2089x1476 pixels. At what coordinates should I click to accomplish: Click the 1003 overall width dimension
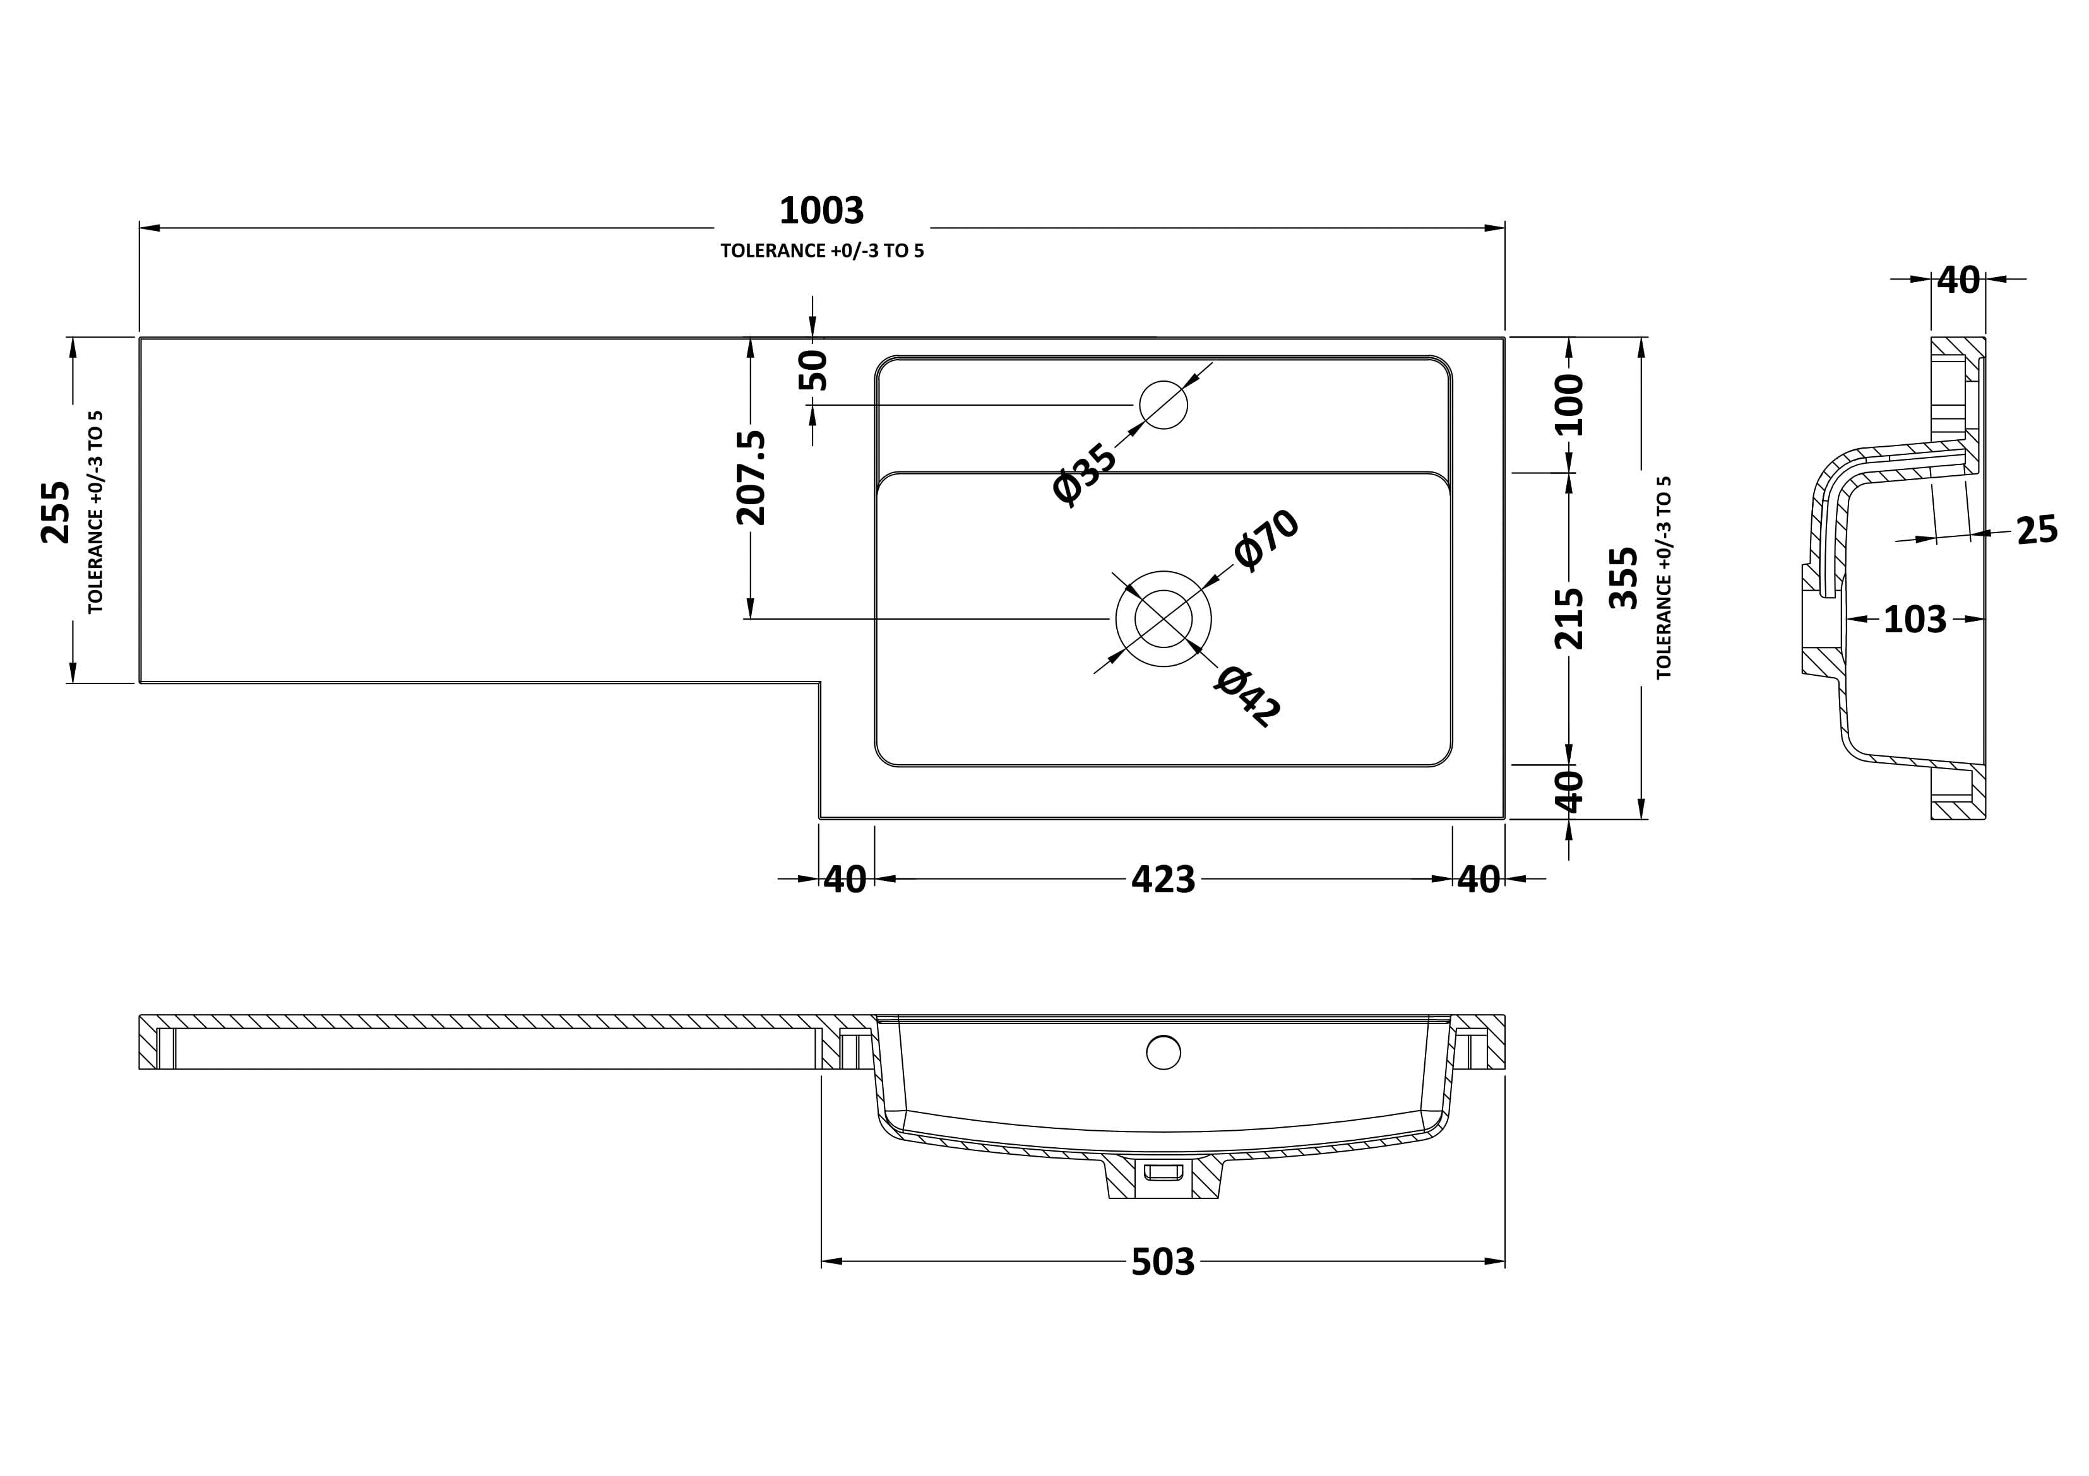(821, 211)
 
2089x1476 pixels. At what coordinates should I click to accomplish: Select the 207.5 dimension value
(751, 478)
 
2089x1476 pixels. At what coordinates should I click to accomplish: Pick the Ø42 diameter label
(1247, 697)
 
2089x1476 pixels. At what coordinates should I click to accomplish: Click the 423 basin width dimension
(1163, 880)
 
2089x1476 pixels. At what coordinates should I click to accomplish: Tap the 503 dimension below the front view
(1163, 1261)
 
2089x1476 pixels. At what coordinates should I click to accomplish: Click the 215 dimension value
(1569, 618)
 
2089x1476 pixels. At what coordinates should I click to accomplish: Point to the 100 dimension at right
(1569, 404)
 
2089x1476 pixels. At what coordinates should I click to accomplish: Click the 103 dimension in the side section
(1914, 619)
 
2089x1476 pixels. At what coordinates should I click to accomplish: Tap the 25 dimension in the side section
(2036, 530)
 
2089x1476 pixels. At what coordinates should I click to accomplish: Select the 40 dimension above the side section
(1958, 280)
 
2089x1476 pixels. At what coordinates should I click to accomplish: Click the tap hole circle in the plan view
(1163, 404)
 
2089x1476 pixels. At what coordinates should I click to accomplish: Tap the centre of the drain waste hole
(1163, 618)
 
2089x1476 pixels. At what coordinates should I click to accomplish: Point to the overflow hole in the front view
(1163, 1052)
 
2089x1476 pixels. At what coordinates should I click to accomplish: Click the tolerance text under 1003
(821, 251)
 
